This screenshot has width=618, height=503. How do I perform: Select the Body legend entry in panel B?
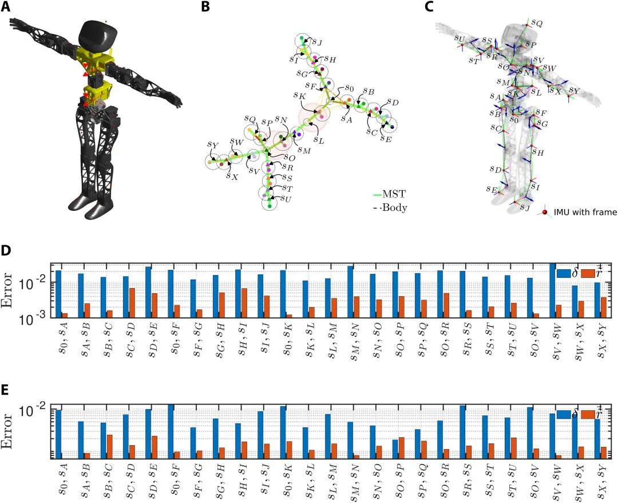click(x=395, y=208)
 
